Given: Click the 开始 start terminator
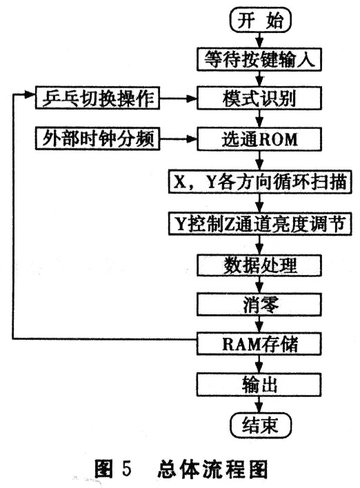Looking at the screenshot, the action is (260, 20).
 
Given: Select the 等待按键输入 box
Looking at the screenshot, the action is (259, 59).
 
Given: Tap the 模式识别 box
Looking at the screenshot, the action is (259, 99).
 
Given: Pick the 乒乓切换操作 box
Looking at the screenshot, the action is (97, 98).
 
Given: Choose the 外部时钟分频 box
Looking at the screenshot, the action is (97, 139).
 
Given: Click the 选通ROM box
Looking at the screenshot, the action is (259, 139).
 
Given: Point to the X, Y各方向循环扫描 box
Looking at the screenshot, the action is (260, 182).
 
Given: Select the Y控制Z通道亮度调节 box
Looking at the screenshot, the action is (260, 223).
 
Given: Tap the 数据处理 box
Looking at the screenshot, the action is (259, 265).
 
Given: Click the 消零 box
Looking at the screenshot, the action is (259, 305).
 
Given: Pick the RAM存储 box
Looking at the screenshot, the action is (259, 344).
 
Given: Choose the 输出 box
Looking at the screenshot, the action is (259, 385).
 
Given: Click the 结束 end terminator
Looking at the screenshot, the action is (260, 425).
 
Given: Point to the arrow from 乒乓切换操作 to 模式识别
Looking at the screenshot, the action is (178, 99).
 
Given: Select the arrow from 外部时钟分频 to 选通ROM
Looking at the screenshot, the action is (178, 139).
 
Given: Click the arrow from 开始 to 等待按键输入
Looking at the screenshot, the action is (260, 41).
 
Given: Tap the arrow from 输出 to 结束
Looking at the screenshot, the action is (260, 405).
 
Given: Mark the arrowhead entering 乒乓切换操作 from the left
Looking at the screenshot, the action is (30, 94).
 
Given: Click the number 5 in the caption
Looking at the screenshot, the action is (127, 469).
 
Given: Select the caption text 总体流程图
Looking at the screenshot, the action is (212, 469).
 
